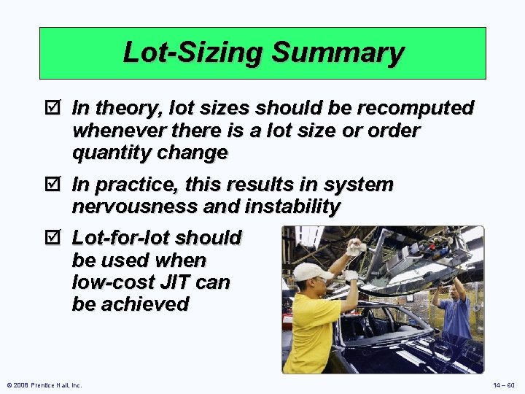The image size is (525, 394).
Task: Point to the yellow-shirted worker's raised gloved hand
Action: coord(354,247)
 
